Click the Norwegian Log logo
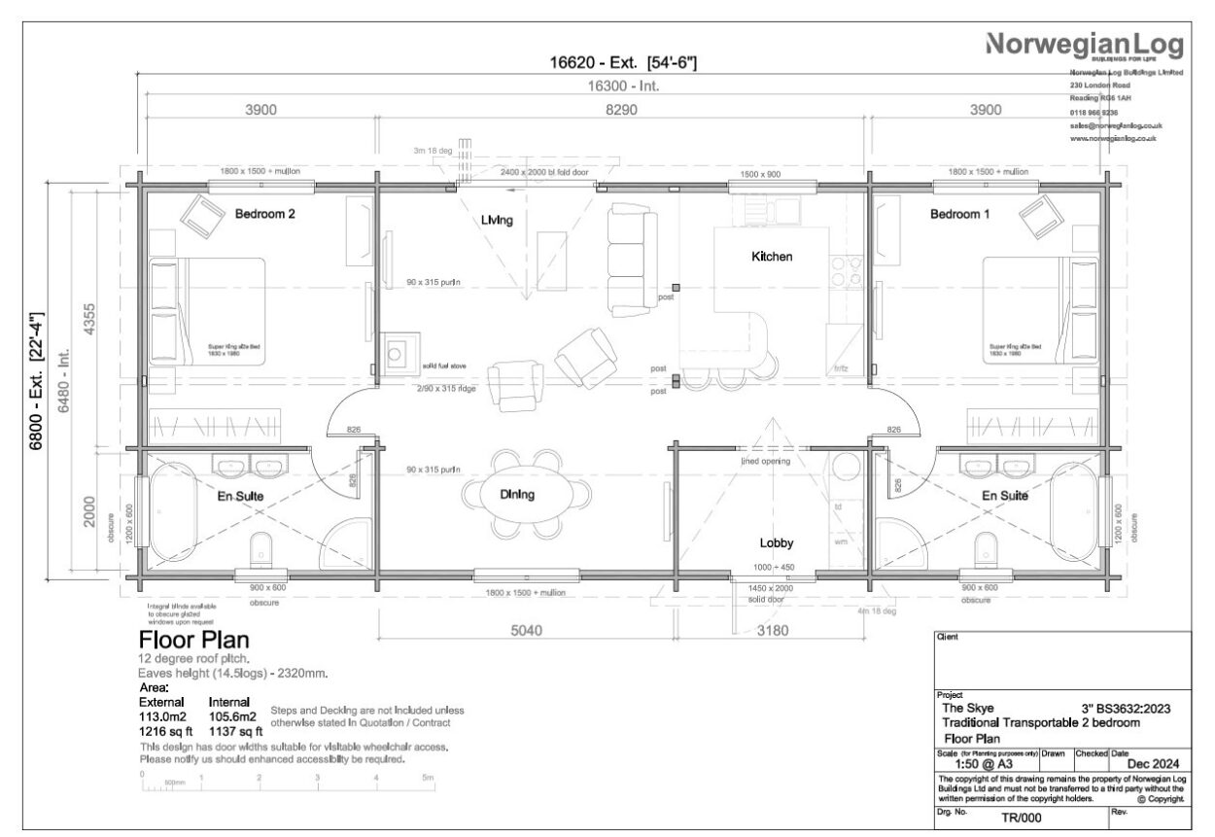pos(1085,45)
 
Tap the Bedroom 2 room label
pos(264,214)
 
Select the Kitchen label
pos(772,258)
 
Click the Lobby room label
pos(778,543)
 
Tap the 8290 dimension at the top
pos(621,111)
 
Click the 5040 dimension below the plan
pos(526,630)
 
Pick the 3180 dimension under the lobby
pos(772,630)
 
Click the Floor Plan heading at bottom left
pos(194,641)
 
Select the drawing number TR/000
pos(1021,818)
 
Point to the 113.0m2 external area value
pos(162,716)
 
